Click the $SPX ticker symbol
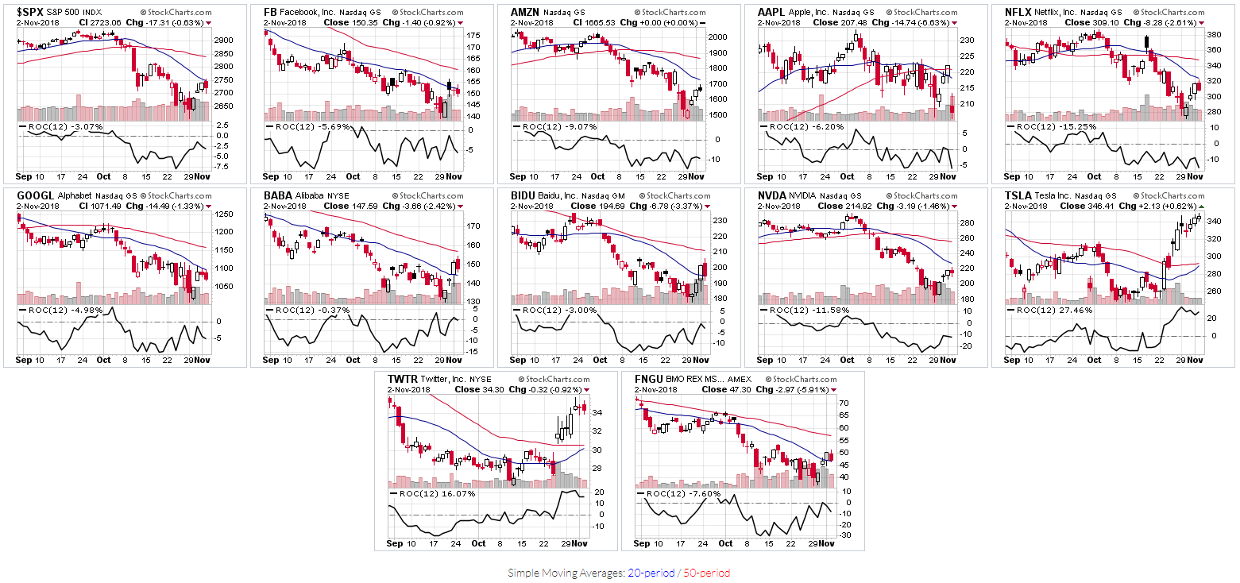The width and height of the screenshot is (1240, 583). coord(31,13)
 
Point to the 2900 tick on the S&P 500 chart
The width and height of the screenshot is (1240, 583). coord(222,40)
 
